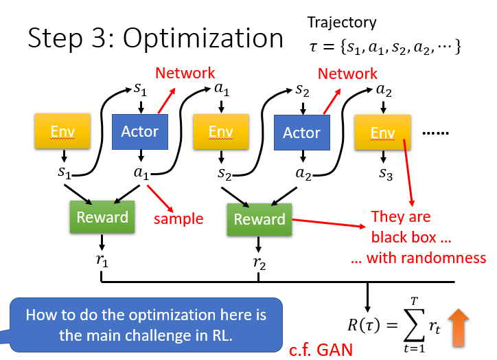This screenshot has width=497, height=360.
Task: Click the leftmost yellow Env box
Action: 62,131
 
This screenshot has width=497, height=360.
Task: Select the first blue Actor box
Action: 140,132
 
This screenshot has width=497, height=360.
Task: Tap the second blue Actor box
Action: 302,133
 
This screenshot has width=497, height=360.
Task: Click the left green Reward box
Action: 102,217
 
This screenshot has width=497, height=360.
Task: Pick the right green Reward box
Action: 259,219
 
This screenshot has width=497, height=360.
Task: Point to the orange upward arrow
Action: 459,328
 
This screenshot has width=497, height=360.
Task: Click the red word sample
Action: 178,219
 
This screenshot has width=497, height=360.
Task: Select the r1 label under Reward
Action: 102,260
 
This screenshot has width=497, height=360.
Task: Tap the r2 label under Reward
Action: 259,263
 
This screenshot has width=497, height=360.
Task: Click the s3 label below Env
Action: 385,174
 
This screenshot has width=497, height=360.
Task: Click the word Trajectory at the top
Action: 342,23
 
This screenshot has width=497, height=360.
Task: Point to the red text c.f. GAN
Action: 321,350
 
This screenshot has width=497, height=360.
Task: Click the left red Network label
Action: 185,74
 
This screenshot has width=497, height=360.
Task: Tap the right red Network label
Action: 347,74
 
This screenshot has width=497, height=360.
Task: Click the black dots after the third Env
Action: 435,133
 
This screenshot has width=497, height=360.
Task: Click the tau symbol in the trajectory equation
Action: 313,47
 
